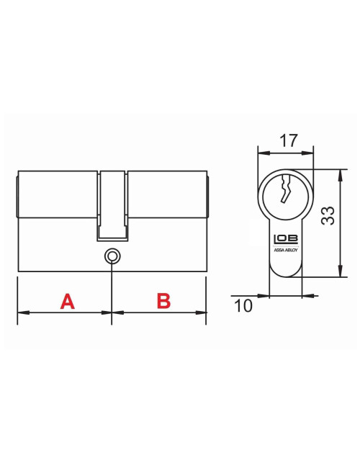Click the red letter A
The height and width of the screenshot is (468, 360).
point(67,301)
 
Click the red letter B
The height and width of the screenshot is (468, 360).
point(163,301)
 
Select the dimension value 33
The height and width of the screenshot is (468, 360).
point(328,216)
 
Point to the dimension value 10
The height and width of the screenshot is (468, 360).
point(243,306)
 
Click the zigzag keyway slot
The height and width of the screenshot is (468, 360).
point(285,190)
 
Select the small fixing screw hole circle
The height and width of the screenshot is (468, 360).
point(112,256)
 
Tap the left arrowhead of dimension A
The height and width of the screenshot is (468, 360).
point(21,312)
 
